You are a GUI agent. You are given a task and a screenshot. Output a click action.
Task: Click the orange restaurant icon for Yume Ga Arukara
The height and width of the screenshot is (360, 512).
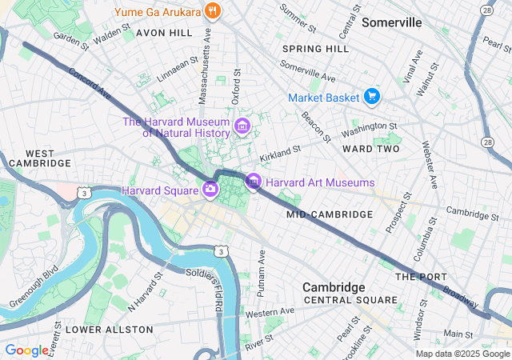pyautogui.click(x=212, y=11)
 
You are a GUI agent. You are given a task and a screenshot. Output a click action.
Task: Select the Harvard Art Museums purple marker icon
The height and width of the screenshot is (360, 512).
pyautogui.click(x=254, y=182)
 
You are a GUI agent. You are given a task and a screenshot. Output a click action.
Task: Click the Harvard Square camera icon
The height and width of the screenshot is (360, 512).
pyautogui.click(x=210, y=190)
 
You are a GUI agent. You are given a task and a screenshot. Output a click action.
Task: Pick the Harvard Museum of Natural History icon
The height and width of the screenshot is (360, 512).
pyautogui.click(x=241, y=126)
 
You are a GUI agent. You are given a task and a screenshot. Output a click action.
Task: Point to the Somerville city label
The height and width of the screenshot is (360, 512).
pyautogui.click(x=391, y=22)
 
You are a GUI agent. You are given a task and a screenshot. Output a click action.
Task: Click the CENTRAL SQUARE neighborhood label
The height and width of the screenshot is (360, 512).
pyautogui.click(x=350, y=300)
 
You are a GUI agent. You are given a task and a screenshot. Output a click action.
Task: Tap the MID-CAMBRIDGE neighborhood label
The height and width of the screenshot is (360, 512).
pyautogui.click(x=330, y=214)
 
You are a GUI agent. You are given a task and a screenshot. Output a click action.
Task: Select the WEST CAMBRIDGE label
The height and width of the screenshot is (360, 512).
pyautogui.click(x=38, y=158)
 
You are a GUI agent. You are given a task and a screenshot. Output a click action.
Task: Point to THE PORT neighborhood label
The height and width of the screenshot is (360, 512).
pyautogui.click(x=419, y=276)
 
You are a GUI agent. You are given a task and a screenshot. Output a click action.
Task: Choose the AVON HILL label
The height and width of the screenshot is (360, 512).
pyautogui.click(x=164, y=33)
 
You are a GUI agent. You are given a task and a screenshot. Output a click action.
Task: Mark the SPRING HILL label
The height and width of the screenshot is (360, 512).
pyautogui.click(x=315, y=49)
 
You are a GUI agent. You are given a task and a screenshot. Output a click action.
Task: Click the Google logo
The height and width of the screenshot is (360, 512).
pyautogui.click(x=26, y=350)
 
